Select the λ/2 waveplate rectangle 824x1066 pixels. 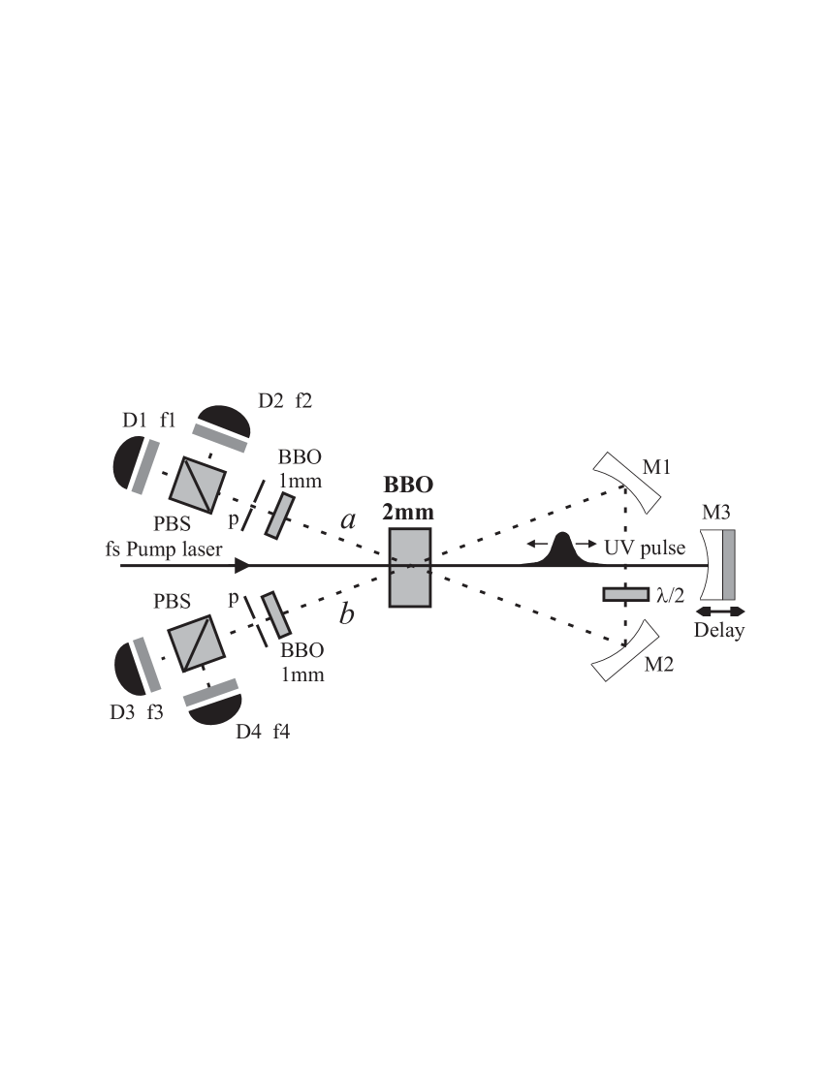626,594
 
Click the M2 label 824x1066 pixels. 658,665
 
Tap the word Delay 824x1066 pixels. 719,632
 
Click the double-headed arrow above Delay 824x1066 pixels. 721,611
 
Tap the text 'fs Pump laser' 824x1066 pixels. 165,549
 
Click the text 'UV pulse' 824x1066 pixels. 644,548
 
